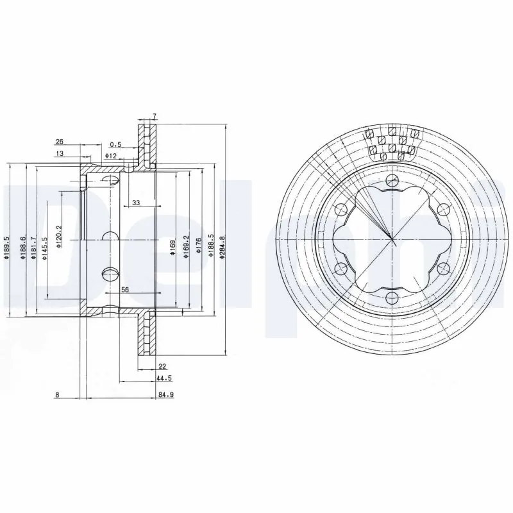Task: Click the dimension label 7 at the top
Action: point(154,116)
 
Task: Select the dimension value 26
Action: point(59,142)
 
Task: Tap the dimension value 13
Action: point(59,153)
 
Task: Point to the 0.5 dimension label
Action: point(115,144)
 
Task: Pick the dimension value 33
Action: point(136,203)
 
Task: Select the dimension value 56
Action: point(125,290)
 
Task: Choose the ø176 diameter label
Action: point(199,248)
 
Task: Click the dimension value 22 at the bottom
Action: point(162,367)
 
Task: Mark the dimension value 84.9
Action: point(166,395)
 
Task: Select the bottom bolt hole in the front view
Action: point(392,296)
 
